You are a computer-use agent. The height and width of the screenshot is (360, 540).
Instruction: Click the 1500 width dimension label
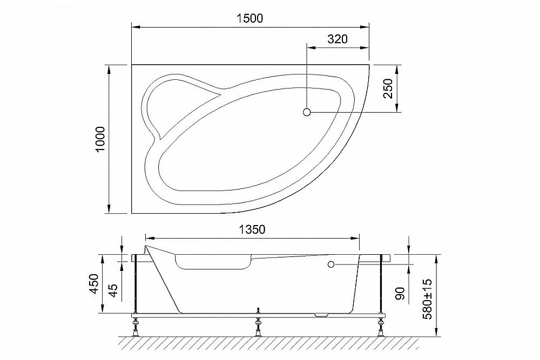[249, 18]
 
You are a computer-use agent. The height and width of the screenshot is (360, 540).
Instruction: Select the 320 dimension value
[337, 39]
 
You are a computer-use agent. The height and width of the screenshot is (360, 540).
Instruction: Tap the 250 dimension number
[388, 89]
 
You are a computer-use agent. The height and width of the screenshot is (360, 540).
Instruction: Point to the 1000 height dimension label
[100, 139]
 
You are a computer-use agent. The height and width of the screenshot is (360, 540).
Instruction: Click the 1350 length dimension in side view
[252, 229]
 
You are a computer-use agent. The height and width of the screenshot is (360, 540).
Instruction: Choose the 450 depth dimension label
[94, 283]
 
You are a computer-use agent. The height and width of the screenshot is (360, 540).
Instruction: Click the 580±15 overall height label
[427, 298]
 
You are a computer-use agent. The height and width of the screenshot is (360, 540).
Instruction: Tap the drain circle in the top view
[307, 112]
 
